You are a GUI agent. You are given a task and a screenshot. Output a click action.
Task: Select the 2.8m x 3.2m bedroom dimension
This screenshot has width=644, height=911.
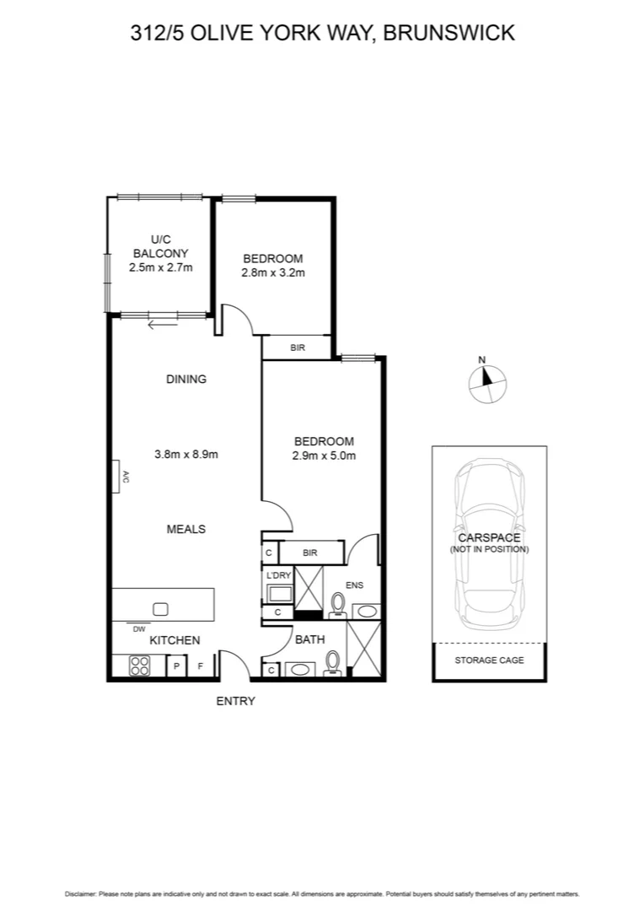point(273,272)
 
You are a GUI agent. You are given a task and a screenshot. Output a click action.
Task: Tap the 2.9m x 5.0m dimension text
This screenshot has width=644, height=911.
point(324,456)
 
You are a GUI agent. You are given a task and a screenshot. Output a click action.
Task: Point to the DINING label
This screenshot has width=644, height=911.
point(186,380)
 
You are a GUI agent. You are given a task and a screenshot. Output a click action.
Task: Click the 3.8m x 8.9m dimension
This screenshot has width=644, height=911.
point(186,454)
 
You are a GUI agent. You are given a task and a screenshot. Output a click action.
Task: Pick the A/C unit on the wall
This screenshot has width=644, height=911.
point(119,477)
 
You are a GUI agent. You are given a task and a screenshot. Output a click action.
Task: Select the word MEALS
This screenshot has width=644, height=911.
point(186,529)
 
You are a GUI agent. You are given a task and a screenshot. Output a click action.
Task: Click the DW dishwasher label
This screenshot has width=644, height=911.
point(138,628)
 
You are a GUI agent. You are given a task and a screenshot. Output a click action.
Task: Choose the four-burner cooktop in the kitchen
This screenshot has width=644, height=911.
point(138,666)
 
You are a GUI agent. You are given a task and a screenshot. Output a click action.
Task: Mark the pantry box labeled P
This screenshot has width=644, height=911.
point(177,666)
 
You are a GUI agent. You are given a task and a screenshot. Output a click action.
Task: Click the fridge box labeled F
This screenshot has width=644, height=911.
point(201,666)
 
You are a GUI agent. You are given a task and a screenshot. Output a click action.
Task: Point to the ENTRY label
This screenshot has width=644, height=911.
point(236,701)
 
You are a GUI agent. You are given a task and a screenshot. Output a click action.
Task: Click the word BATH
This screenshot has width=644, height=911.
point(309,639)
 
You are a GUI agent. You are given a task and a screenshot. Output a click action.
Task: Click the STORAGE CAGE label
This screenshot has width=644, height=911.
point(489,660)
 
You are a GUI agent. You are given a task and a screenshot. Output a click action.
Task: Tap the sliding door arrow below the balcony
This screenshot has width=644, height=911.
point(163,321)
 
